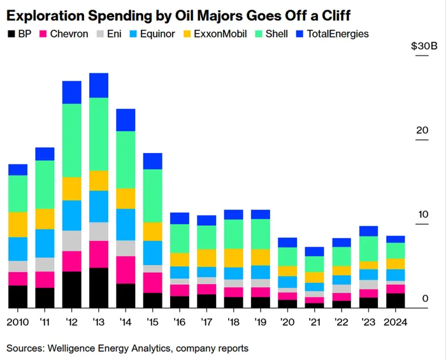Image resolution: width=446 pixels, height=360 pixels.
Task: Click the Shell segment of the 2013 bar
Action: [x=98, y=134]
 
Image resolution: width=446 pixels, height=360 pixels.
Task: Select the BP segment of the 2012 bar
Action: [x=71, y=290]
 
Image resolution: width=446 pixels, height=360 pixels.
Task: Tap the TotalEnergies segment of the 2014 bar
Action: [x=126, y=120]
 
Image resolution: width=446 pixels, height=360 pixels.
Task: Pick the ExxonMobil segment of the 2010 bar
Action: [x=18, y=224]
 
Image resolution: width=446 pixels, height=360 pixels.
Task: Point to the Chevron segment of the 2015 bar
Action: [x=152, y=282]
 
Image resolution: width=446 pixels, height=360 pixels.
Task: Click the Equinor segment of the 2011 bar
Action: [x=45, y=243]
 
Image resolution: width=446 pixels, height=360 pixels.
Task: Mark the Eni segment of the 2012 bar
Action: [x=71, y=241]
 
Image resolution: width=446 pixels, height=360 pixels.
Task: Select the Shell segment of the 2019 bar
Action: [x=260, y=234]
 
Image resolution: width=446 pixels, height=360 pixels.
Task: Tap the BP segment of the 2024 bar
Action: [x=395, y=301]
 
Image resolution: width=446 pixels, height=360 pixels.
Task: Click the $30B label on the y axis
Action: [x=424, y=47]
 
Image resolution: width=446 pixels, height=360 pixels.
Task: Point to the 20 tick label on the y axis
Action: [x=422, y=131]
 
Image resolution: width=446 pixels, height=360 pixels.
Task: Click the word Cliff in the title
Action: [x=331, y=13]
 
